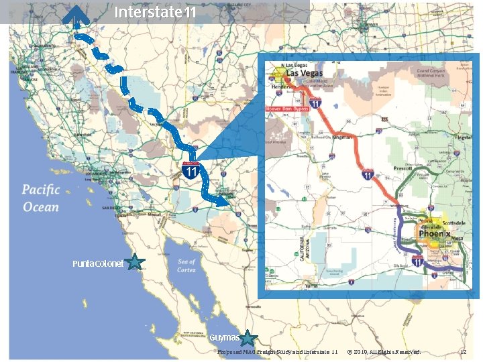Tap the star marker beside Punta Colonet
click(135, 262)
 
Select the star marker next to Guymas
click(248, 338)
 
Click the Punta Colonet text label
click(98, 264)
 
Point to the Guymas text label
click(224, 337)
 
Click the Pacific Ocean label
click(41, 198)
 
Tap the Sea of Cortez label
click(186, 265)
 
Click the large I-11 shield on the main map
click(191, 170)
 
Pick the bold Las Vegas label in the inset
click(305, 73)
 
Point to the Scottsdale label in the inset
click(450, 222)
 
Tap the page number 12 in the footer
click(463, 352)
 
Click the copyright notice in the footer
click(384, 352)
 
